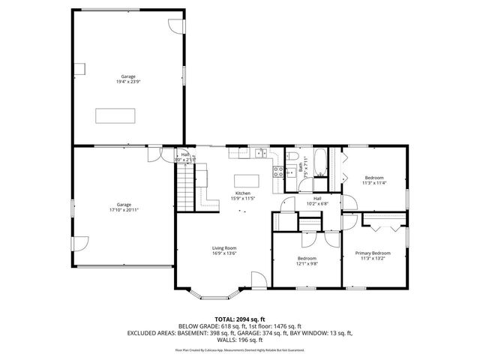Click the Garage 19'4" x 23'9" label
coord(128,79)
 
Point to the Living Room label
coord(224,250)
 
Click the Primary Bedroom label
coord(373,256)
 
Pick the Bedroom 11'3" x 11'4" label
coord(373,181)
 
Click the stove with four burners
coord(278,170)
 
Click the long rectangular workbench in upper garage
coord(115,115)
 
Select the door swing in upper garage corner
coord(175,25)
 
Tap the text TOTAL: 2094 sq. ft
coord(241,319)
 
